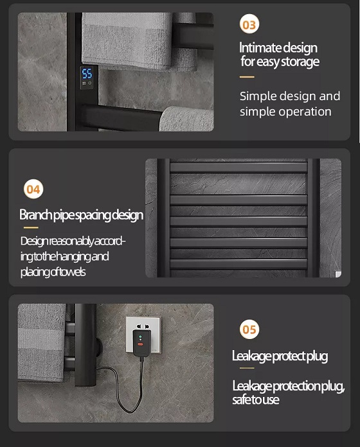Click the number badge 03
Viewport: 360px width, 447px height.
(x=249, y=24)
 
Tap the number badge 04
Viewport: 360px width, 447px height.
(x=33, y=189)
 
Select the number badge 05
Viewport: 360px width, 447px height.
(x=249, y=329)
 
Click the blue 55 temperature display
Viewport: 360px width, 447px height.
(x=87, y=74)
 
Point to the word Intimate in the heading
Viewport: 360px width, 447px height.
(x=260, y=48)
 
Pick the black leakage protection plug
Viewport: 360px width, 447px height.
(x=141, y=343)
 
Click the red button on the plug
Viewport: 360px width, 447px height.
(x=140, y=344)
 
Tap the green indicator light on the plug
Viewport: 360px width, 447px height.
(x=140, y=337)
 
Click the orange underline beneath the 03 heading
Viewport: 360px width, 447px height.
(x=247, y=77)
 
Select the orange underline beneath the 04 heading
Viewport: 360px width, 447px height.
(x=31, y=227)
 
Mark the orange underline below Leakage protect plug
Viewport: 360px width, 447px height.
(x=247, y=368)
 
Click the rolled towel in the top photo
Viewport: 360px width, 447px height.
(x=187, y=118)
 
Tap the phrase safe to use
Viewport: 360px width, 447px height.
(x=256, y=399)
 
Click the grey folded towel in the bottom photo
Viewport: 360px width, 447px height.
(x=42, y=342)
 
